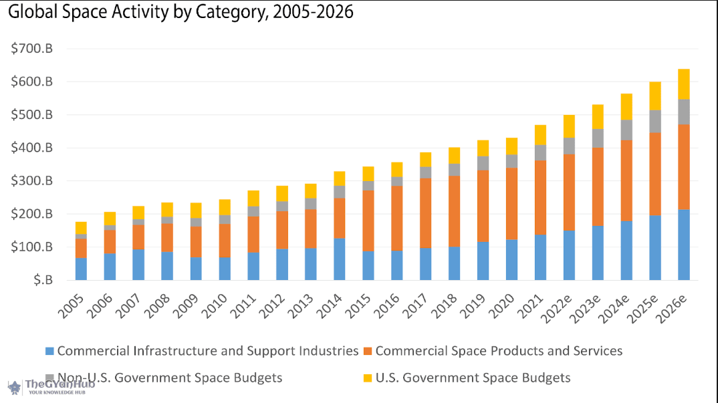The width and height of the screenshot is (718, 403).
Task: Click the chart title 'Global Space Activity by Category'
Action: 181,11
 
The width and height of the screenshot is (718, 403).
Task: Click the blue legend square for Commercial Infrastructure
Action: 49,351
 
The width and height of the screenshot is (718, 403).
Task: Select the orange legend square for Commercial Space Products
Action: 368,351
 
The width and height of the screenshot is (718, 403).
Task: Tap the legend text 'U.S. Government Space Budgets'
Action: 473,378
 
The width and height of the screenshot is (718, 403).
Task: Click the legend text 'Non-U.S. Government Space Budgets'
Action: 170,378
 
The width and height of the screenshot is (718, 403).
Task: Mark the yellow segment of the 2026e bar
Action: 684,84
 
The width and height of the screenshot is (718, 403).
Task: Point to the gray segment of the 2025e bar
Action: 655,121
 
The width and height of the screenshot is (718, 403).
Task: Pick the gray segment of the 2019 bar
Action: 483,163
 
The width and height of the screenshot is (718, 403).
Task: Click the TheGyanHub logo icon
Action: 14,387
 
